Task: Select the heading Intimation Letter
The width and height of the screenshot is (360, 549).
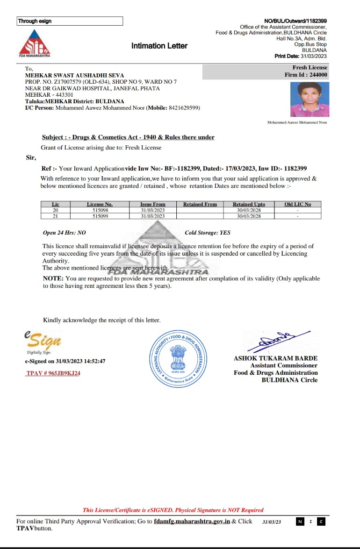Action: pos(159,46)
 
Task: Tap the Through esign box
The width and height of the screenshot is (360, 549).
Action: pos(70,21)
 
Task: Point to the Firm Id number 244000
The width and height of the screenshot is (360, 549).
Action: pos(318,75)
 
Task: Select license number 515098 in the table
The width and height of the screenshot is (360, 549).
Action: pos(100,210)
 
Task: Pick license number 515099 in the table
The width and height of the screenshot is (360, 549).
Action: pos(100,216)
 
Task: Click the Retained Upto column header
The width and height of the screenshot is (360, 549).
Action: pos(249,204)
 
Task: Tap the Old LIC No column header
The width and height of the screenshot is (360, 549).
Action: pos(297,204)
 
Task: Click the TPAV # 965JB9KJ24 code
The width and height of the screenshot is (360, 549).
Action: pos(53,373)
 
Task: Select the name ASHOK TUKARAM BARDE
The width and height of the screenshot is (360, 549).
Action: pos(275,358)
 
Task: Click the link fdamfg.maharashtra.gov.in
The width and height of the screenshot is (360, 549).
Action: pos(192,521)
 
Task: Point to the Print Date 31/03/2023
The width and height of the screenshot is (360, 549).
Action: pos(301,56)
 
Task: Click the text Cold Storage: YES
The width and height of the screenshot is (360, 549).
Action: pos(208,233)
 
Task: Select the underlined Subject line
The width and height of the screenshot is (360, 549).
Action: pos(128,137)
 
